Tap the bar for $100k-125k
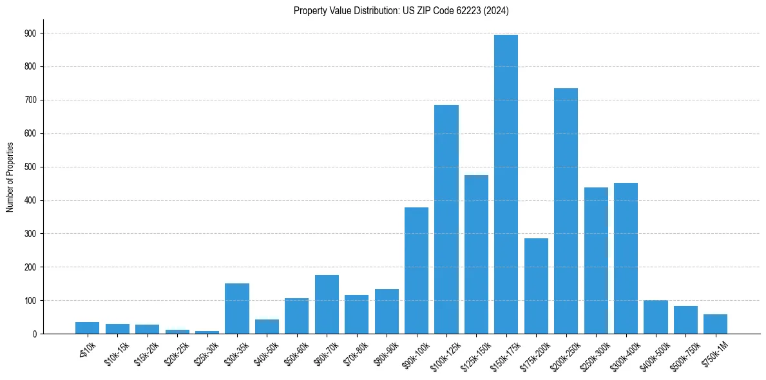(x=446, y=220)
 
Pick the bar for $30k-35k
(x=236, y=309)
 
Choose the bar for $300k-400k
(x=626, y=258)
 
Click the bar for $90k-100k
(x=416, y=271)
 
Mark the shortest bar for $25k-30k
(x=207, y=332)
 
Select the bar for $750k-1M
(x=715, y=324)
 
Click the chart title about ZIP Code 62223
(x=401, y=11)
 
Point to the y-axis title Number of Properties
(x=10, y=177)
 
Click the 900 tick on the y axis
(x=30, y=33)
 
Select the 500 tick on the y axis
(x=30, y=167)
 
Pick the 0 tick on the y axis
(x=34, y=334)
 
